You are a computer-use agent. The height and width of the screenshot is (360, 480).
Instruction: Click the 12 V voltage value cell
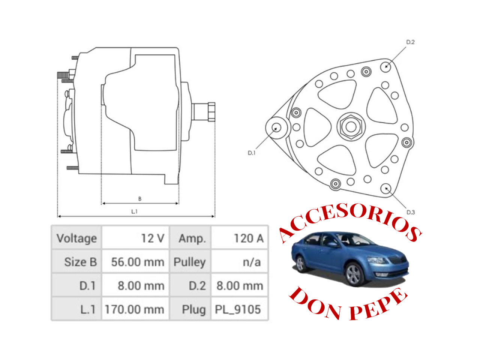[135, 238]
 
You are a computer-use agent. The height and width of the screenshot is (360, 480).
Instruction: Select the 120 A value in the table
[240, 238]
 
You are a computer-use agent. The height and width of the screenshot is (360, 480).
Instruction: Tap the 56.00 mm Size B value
[135, 262]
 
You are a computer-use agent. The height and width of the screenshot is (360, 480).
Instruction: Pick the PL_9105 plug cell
[240, 309]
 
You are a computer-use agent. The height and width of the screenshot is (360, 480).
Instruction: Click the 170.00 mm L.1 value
[135, 309]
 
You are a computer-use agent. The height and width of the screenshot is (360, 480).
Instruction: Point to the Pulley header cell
[190, 262]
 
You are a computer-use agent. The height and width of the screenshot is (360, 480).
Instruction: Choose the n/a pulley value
[240, 262]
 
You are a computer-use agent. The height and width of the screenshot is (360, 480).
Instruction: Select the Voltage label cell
[76, 238]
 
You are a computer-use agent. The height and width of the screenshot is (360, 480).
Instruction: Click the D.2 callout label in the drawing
[410, 42]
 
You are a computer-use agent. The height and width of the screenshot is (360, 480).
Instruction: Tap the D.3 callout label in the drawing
[411, 212]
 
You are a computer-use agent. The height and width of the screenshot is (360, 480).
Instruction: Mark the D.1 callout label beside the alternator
[251, 153]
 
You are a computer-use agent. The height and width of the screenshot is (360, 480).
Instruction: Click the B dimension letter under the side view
[140, 199]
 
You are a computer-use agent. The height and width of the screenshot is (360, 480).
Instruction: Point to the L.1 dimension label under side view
[134, 211]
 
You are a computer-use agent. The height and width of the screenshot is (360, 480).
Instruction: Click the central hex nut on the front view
[351, 126]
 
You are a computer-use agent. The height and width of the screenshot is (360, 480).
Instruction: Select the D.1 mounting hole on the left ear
[277, 127]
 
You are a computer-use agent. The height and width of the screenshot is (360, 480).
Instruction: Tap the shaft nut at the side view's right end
[211, 112]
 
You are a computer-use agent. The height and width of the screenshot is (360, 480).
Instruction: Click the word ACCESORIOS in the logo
[349, 221]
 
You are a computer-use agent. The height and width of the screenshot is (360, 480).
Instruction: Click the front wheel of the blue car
[353, 274]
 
